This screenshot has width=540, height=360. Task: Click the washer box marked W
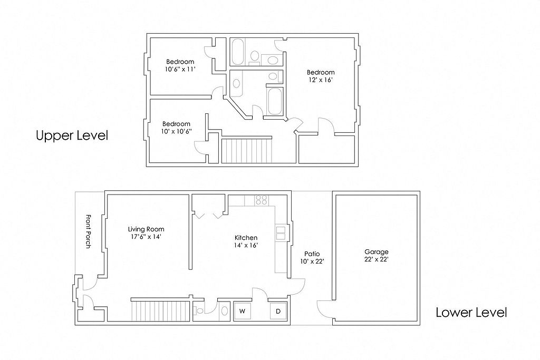tap(243, 311)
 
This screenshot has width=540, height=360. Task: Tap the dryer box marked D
tap(278, 311)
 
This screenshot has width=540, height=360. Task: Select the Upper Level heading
tap(72, 135)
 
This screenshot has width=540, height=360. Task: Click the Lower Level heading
tap(471, 313)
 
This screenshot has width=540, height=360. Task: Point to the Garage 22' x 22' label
tap(377, 256)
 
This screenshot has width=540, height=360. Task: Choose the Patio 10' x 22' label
tap(312, 258)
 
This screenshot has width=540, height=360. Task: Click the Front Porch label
tap(88, 231)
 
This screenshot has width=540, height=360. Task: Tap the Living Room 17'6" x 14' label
tap(146, 233)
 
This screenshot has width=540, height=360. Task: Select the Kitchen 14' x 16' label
tap(246, 241)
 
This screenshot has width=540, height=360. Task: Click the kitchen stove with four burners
tap(262, 200)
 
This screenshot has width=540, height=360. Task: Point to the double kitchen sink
tap(281, 232)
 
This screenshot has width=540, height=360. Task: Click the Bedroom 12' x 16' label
tap(321, 76)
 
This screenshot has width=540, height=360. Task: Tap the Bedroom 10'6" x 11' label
tap(180, 65)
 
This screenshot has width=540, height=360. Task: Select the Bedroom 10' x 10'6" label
tap(176, 128)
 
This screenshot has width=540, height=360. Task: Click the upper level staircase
tap(247, 150)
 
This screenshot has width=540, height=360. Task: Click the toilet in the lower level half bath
tap(198, 311)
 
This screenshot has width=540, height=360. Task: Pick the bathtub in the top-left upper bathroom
tap(238, 52)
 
